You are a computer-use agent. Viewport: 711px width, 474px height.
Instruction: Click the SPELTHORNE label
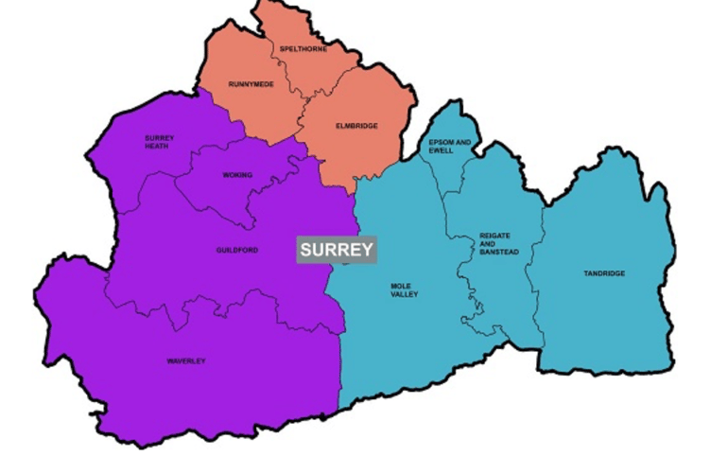(303, 49)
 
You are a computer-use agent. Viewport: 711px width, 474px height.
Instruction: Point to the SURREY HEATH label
(160, 141)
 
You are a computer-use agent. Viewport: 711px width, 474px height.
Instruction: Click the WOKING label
(237, 176)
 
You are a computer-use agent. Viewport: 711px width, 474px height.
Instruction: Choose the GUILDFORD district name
(231, 251)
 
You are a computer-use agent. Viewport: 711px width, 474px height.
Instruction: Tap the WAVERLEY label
(186, 361)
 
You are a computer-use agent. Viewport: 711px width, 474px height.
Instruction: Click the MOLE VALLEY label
(403, 290)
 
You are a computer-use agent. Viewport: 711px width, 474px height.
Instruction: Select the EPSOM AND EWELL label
(450, 147)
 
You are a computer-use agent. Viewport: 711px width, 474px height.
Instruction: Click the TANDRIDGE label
(604, 274)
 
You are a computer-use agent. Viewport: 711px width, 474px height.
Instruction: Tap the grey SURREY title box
(337, 251)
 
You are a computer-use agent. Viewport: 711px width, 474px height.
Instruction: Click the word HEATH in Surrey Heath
(160, 146)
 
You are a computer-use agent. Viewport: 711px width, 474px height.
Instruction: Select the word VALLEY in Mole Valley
(403, 294)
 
